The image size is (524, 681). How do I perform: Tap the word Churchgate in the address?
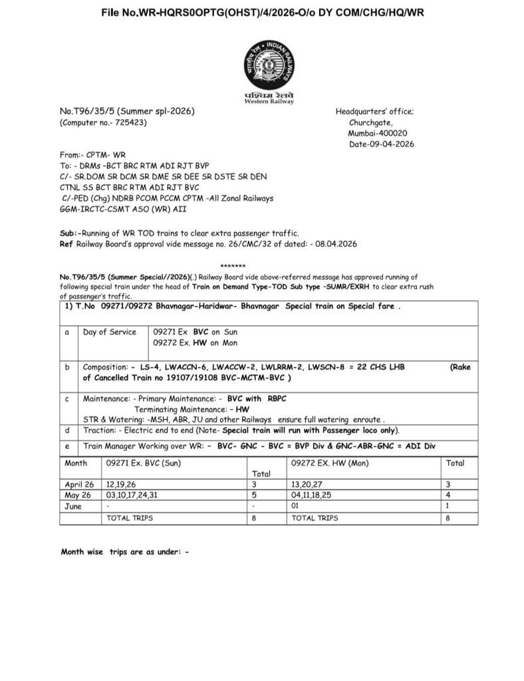(370, 122)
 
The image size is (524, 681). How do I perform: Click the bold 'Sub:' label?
(69, 233)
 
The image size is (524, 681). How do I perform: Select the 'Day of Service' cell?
(109, 332)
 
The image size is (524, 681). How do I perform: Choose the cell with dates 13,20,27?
(310, 485)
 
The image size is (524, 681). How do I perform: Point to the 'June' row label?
(73, 506)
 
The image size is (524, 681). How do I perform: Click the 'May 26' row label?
(78, 495)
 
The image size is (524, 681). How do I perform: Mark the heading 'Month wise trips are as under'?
(124, 551)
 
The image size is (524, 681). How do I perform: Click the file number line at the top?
(263, 13)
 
